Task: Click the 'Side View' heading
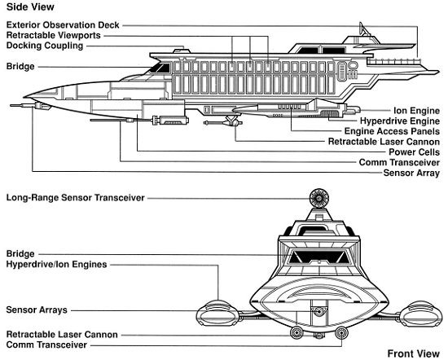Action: [30, 7]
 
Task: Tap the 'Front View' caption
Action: [414, 353]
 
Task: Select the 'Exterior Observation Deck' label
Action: [63, 25]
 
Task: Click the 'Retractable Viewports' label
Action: [54, 35]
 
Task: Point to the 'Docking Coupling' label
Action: [45, 46]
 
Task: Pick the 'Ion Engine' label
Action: [416, 110]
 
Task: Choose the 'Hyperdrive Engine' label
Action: [400, 121]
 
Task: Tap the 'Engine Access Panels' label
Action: [392, 131]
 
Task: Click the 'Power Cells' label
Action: [414, 151]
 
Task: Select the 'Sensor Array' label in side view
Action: [411, 173]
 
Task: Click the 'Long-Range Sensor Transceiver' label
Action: [76, 198]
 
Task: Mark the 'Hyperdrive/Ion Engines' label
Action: [56, 264]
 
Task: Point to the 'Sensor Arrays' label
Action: [37, 310]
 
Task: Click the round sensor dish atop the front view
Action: [318, 198]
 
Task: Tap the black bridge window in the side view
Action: [160, 68]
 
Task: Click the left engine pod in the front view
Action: [217, 314]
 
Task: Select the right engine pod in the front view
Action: [421, 314]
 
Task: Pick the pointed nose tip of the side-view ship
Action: [24, 97]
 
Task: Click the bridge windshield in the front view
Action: [318, 257]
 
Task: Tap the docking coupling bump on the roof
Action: [182, 50]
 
